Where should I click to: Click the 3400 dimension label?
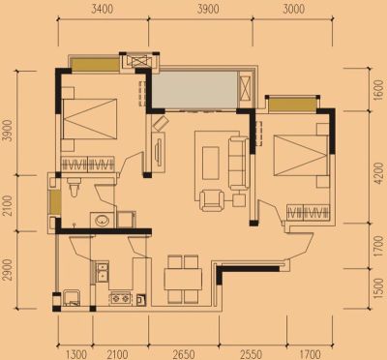(x=103, y=9)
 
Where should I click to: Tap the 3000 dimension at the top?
(x=294, y=9)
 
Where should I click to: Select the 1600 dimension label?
(x=377, y=90)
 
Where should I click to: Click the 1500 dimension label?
(x=377, y=287)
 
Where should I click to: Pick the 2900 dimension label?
(x=8, y=270)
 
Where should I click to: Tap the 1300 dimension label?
(x=76, y=354)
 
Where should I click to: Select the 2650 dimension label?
(x=184, y=354)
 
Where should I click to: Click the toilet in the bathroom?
(x=74, y=187)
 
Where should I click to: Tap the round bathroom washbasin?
(x=103, y=221)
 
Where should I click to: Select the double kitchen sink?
(x=103, y=272)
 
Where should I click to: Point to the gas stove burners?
(x=121, y=298)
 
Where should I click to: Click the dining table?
(x=183, y=279)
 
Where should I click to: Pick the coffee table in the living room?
(x=210, y=163)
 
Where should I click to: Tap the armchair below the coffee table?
(x=212, y=200)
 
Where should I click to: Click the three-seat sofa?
(x=238, y=163)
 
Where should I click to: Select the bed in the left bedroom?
(x=89, y=119)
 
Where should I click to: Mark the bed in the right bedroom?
(x=301, y=156)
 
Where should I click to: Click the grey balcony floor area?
(x=194, y=89)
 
